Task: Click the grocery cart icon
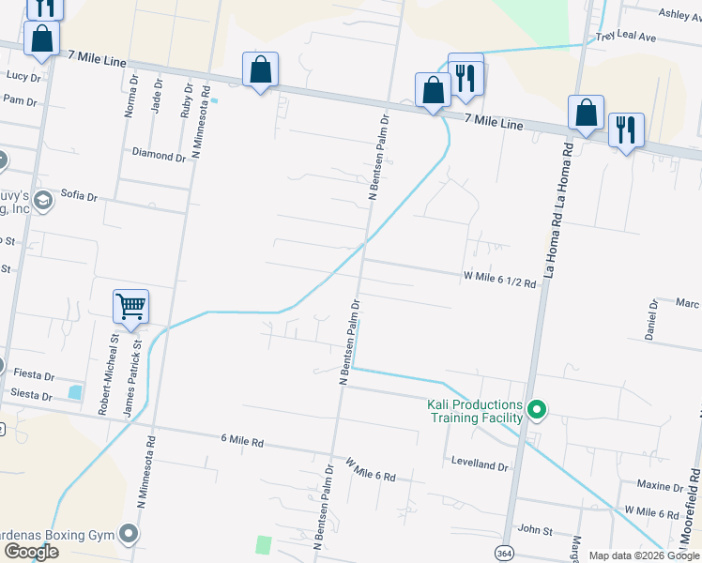click(130, 305)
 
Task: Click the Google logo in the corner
click(30, 552)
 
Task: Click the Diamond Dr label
click(159, 155)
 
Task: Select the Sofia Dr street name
click(79, 196)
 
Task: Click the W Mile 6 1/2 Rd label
click(499, 279)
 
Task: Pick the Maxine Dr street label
click(660, 486)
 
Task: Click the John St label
click(535, 531)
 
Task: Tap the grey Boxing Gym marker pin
click(130, 535)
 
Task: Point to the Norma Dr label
click(130, 97)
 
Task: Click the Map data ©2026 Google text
click(644, 555)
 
